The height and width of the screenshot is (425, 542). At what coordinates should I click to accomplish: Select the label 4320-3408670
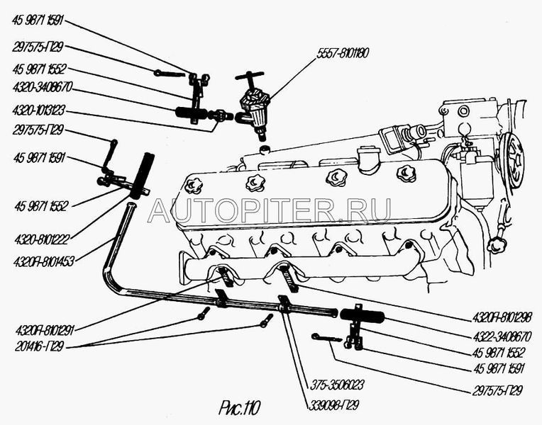42,91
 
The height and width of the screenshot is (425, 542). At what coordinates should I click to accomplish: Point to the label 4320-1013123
42,113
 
